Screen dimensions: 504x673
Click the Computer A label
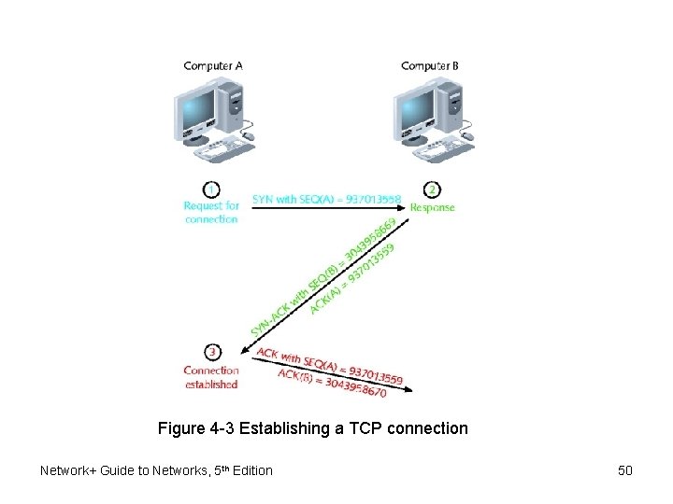click(213, 65)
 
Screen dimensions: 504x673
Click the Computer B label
click(430, 65)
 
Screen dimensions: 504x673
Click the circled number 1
click(212, 189)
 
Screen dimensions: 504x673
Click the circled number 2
click(433, 189)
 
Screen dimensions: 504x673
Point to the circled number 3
click(212, 352)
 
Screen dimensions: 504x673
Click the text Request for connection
click(211, 212)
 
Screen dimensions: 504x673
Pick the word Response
click(433, 207)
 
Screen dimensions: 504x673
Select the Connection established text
click(211, 377)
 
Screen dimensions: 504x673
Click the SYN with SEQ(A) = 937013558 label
click(327, 199)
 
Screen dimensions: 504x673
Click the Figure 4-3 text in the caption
click(196, 428)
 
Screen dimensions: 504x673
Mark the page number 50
click(625, 470)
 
